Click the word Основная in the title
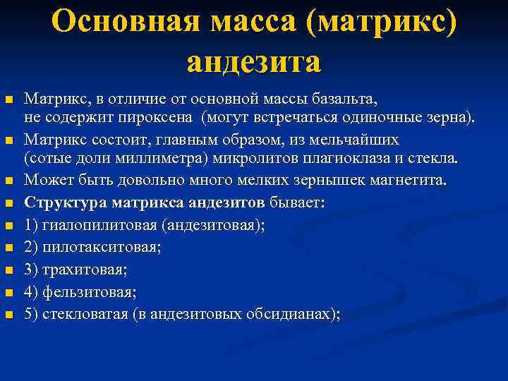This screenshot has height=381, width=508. pos(119,22)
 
